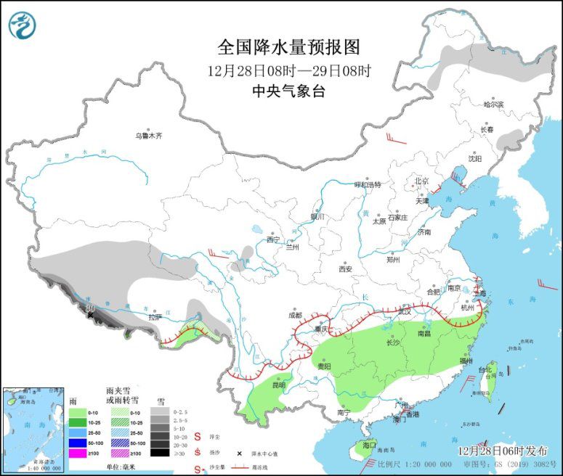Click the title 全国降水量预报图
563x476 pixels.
click(288, 48)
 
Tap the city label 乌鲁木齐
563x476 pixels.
click(147, 136)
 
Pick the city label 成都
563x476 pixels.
click(293, 315)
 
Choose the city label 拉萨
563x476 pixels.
click(154, 317)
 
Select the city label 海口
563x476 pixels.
click(370, 444)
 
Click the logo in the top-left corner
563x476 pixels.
click(23, 25)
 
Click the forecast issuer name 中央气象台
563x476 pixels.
click(288, 91)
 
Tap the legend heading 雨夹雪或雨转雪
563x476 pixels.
click(118, 395)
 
